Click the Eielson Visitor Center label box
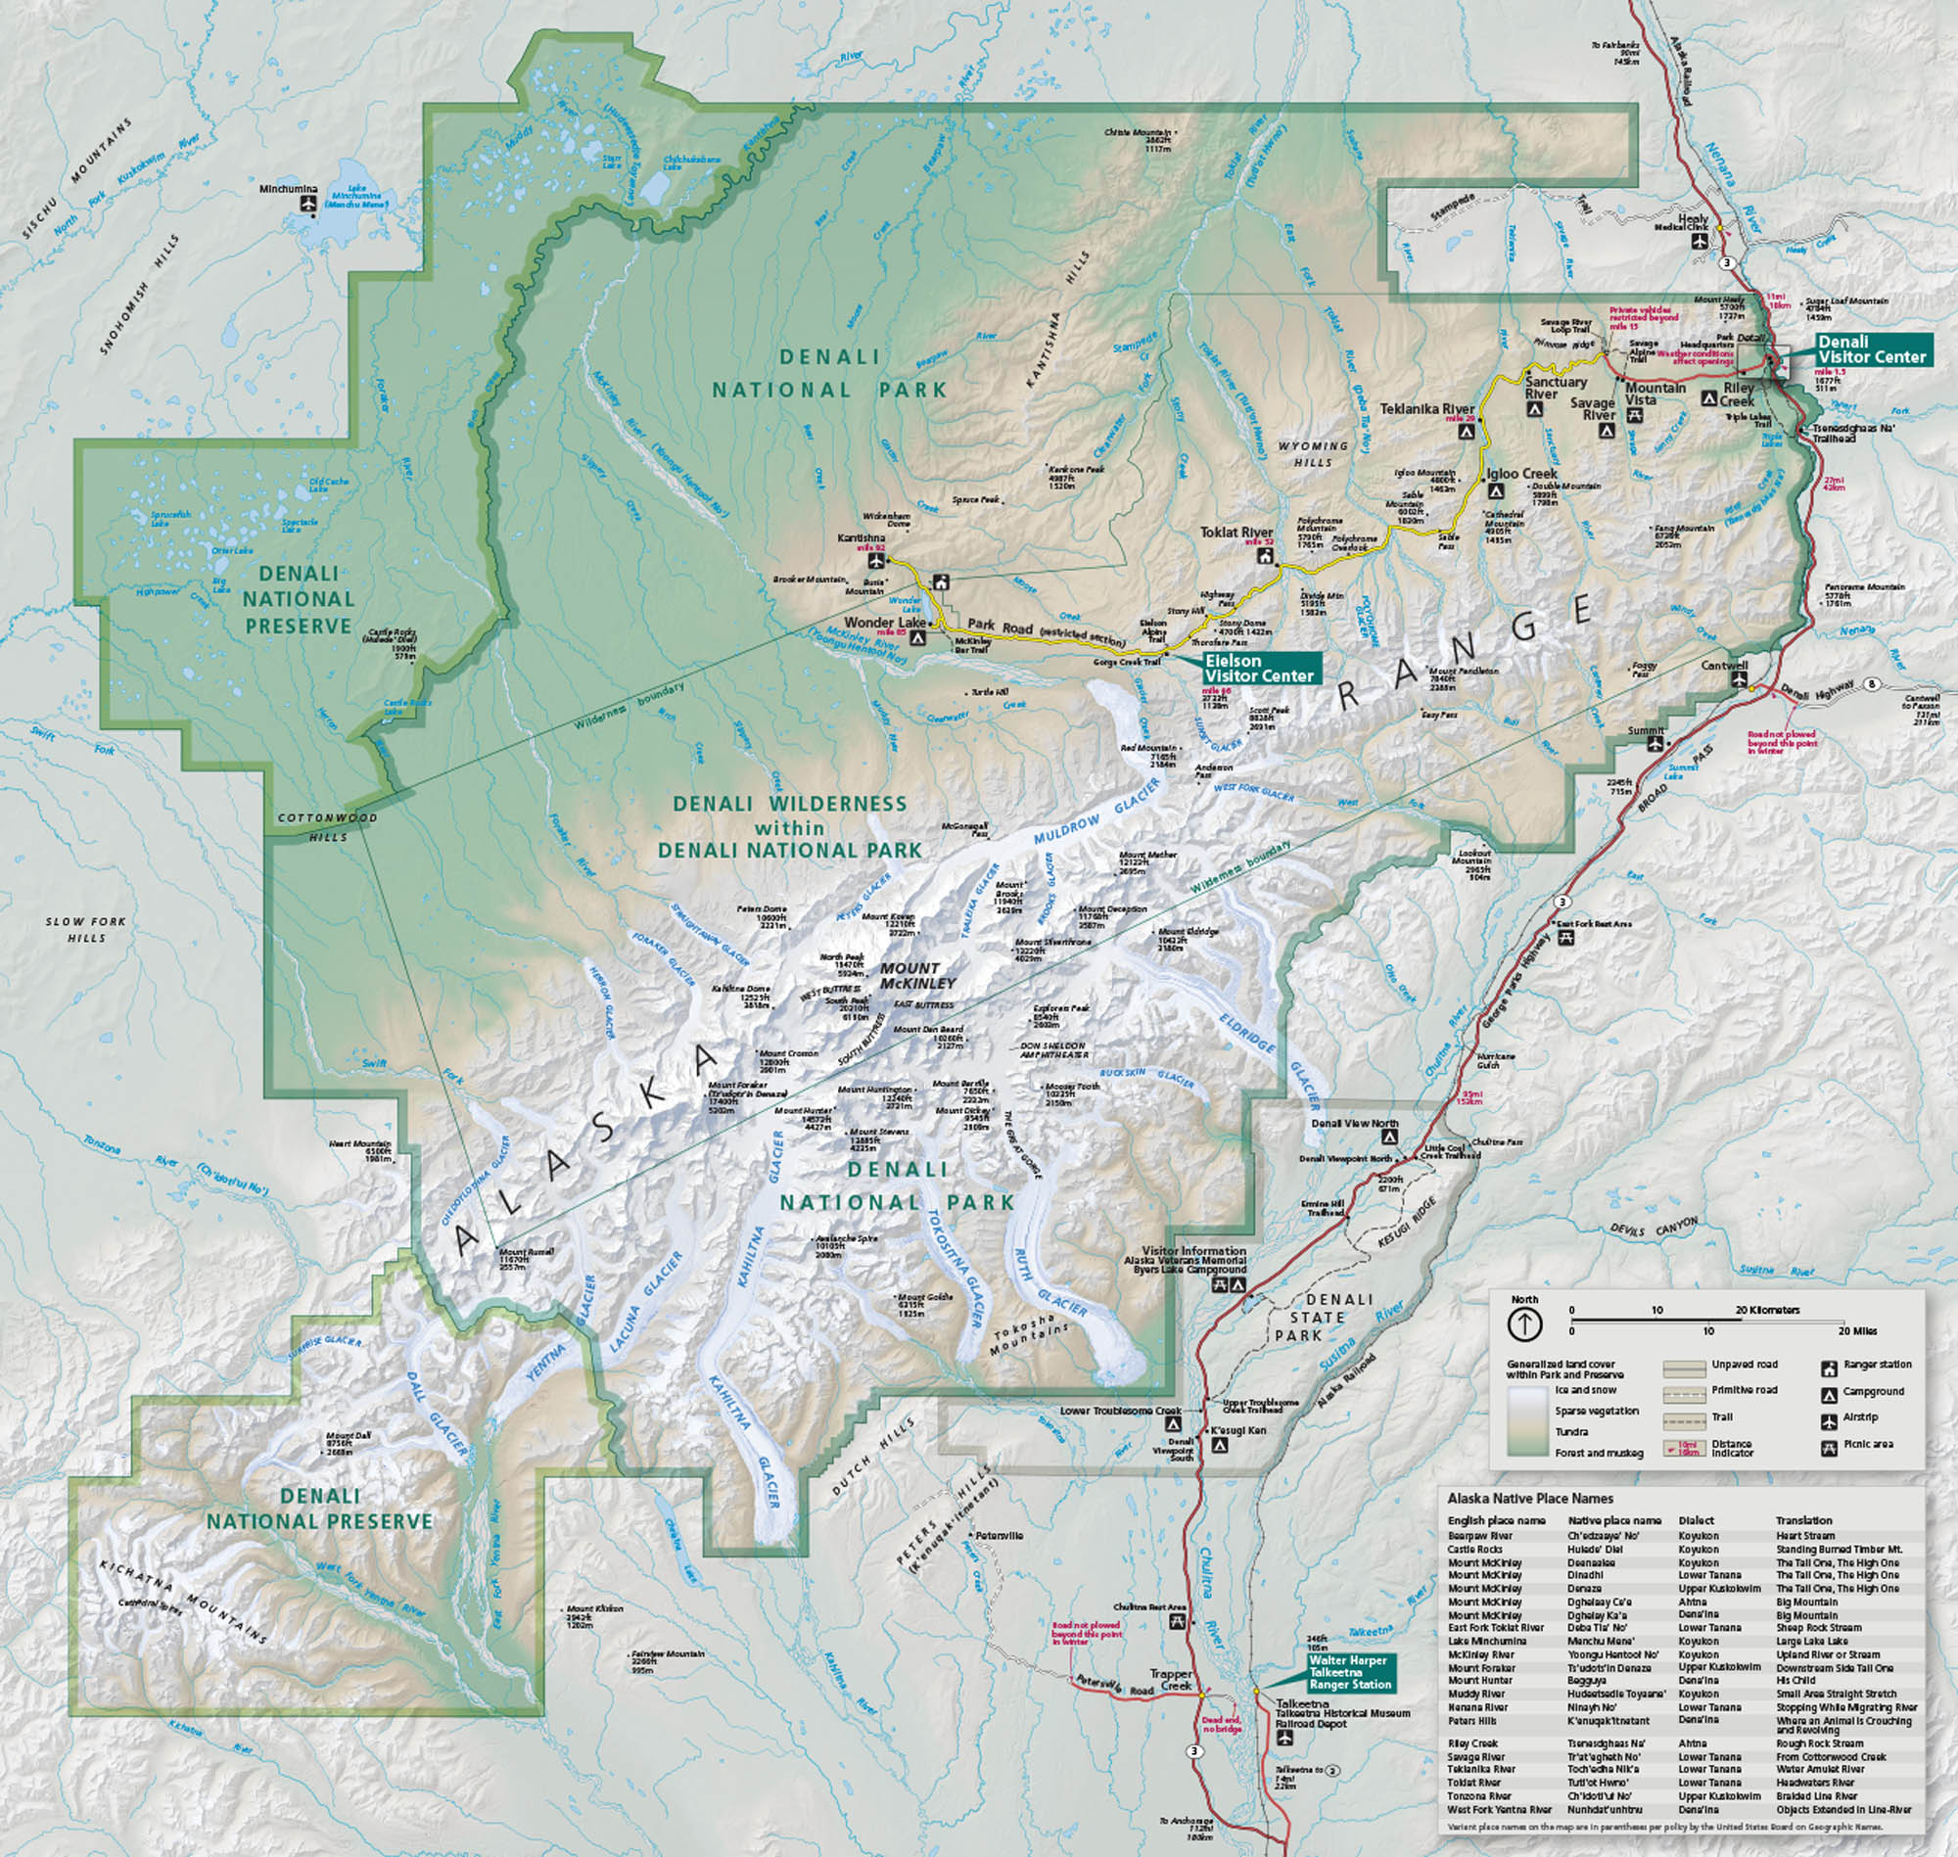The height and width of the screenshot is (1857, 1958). coord(1261,669)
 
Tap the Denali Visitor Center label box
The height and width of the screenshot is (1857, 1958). coord(1871,349)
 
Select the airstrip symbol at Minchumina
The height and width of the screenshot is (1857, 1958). coord(306,204)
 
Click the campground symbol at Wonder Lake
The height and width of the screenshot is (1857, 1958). coord(916,638)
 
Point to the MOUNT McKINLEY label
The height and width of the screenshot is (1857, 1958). coord(917,975)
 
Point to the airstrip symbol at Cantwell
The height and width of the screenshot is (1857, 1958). coord(1740,681)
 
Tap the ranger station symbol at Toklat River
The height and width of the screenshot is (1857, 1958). coord(1264,556)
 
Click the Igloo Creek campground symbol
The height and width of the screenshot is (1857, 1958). coord(1497,491)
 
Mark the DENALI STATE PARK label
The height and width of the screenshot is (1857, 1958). coord(1325,1318)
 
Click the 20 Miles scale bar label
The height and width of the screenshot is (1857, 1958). coord(1857,1331)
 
